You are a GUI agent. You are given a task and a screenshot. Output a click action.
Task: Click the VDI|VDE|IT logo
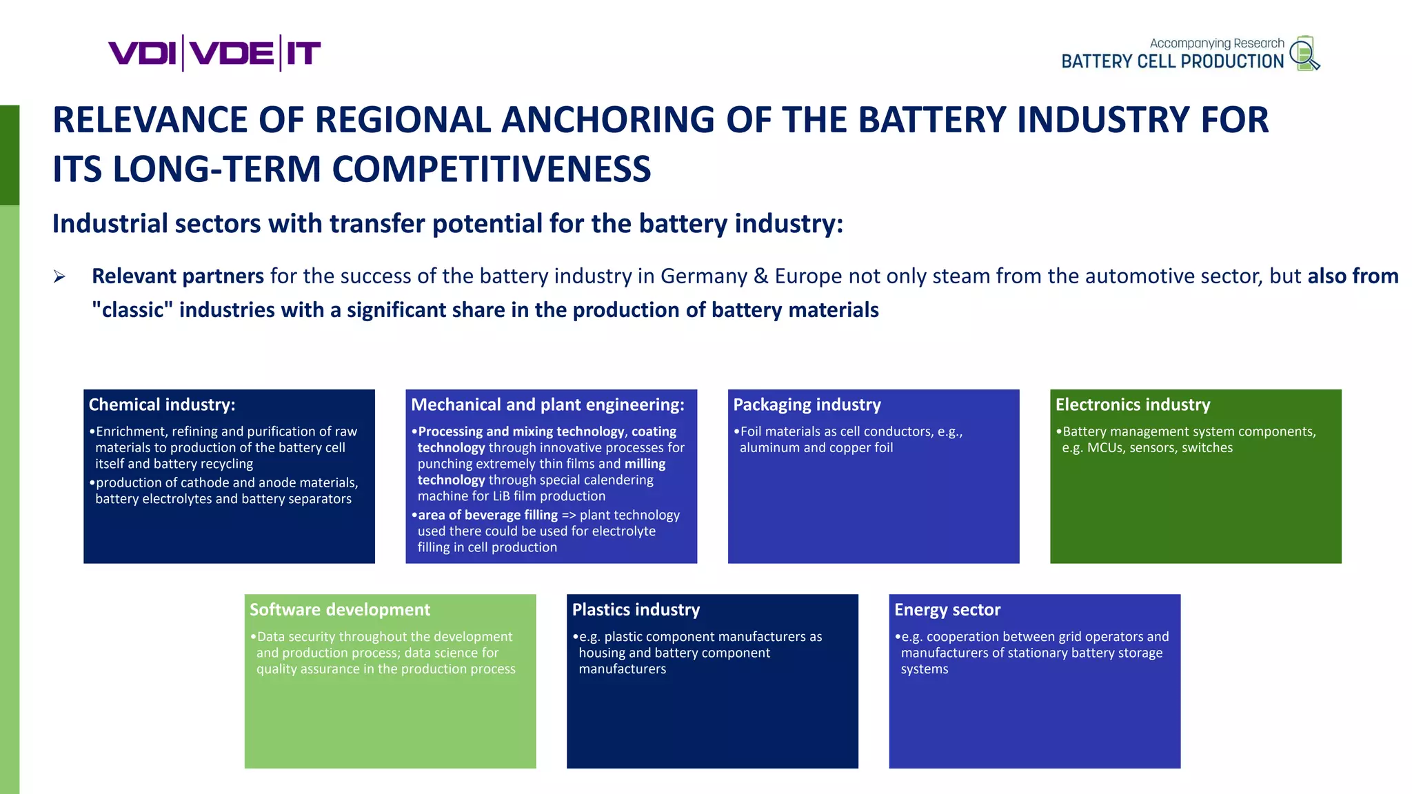pyautogui.click(x=214, y=53)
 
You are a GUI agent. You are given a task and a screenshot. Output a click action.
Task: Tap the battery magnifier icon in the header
pyautogui.click(x=1304, y=53)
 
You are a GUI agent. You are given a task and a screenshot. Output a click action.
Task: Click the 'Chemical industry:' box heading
pyautogui.click(x=162, y=405)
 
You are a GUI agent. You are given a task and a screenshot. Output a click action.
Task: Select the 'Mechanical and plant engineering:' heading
pyautogui.click(x=547, y=405)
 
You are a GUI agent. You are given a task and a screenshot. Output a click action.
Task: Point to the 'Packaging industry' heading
pyautogui.click(x=807, y=405)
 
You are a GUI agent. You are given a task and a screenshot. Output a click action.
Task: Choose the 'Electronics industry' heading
pyautogui.click(x=1133, y=405)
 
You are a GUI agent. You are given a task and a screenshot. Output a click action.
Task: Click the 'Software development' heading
pyautogui.click(x=340, y=609)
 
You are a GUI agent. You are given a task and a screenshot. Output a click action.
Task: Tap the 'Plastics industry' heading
pyautogui.click(x=636, y=609)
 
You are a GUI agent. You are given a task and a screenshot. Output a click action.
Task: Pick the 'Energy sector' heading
pyautogui.click(x=947, y=609)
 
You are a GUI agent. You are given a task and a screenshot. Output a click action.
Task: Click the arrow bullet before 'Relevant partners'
pyautogui.click(x=60, y=277)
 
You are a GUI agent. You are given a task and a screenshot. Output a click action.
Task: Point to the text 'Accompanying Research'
pyautogui.click(x=1217, y=43)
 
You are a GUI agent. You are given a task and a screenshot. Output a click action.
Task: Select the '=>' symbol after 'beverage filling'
pyautogui.click(x=569, y=515)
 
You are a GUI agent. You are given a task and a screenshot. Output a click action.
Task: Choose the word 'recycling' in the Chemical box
pyautogui.click(x=226, y=464)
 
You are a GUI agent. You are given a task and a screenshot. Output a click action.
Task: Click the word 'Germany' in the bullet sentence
pyautogui.click(x=704, y=276)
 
